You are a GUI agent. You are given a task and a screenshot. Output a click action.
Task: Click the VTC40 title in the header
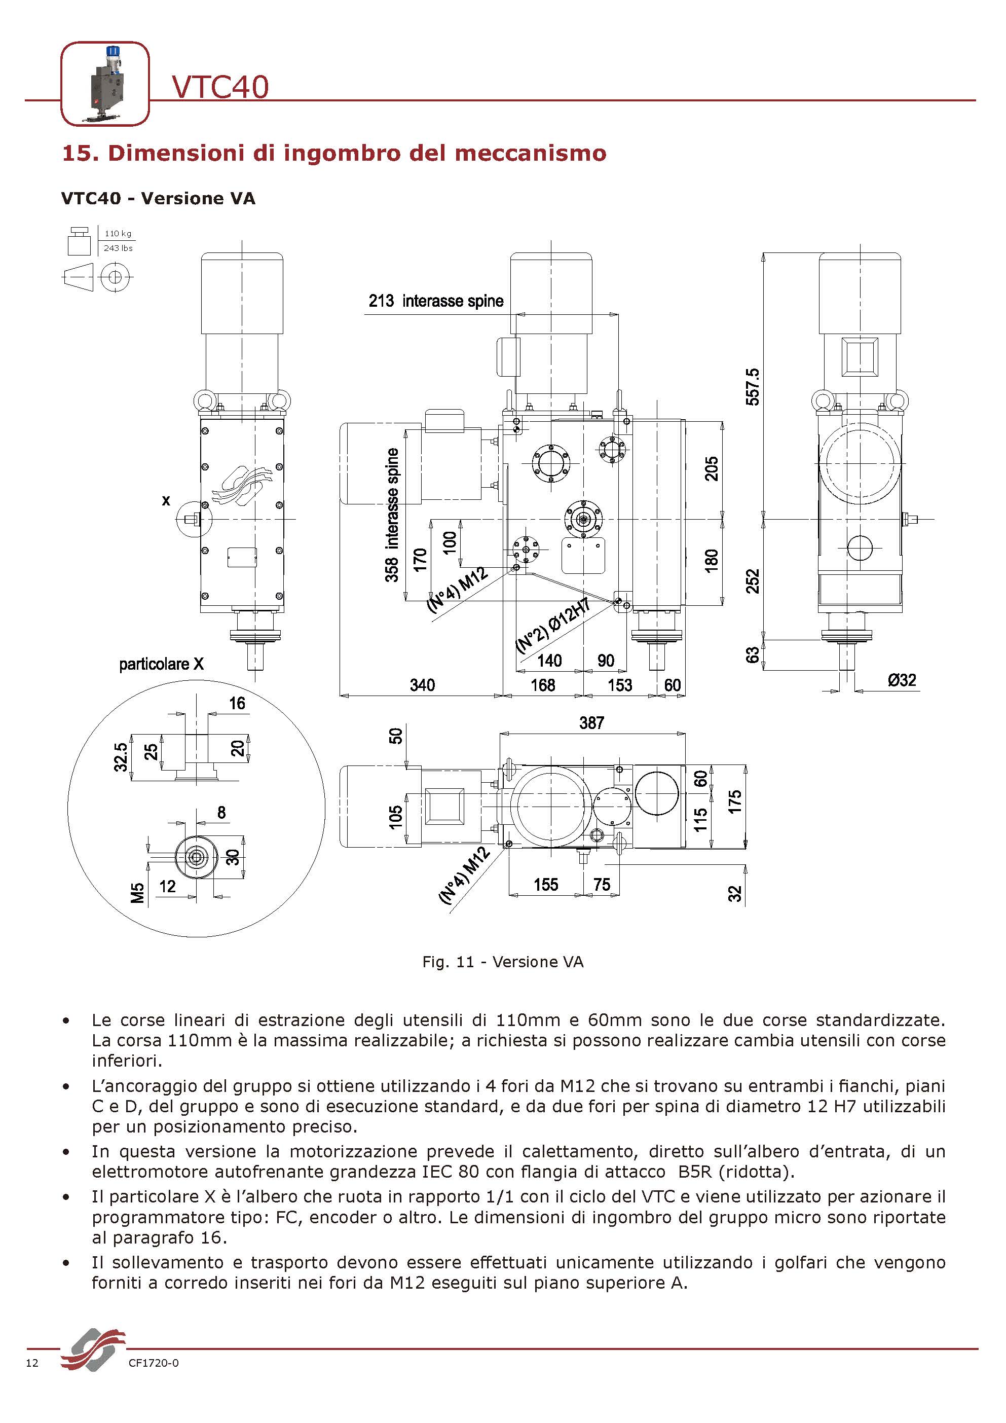click(x=220, y=87)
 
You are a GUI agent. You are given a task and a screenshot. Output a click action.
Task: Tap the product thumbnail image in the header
click(x=105, y=84)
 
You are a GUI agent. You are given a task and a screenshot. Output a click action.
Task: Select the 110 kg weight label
click(x=118, y=234)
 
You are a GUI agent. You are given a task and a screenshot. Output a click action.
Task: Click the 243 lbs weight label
click(x=118, y=248)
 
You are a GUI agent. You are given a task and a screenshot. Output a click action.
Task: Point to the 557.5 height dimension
click(x=752, y=387)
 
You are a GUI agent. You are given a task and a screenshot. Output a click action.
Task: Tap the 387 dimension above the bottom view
click(x=591, y=723)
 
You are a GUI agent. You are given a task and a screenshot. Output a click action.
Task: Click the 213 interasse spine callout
click(x=435, y=301)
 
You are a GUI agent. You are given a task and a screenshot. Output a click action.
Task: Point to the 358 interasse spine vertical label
click(x=391, y=515)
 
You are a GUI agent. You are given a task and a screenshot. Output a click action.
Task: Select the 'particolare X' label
click(x=161, y=665)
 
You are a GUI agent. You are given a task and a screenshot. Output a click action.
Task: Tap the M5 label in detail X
click(x=137, y=893)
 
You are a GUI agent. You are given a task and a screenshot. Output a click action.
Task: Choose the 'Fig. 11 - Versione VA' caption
click(x=502, y=962)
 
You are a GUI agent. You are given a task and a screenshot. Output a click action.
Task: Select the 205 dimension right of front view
click(x=711, y=468)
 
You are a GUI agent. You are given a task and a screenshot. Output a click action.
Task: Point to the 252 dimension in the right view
click(x=752, y=581)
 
